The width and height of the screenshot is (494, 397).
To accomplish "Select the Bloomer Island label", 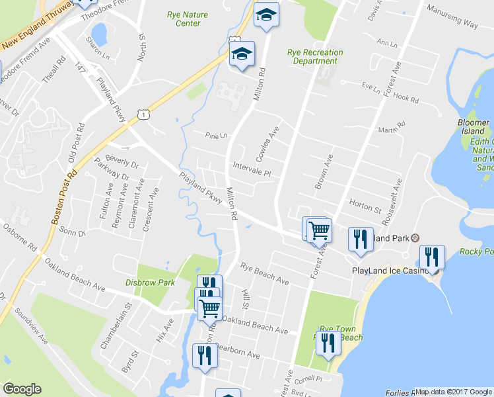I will (474, 127).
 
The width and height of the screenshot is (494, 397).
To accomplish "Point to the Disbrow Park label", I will (151, 283).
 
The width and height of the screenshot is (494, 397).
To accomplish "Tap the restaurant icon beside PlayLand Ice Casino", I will (433, 257).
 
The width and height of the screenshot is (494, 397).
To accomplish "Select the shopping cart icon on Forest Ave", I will (319, 230).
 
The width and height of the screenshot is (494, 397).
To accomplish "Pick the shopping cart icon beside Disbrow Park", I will (210, 308).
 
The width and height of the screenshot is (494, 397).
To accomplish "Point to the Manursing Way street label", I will (452, 17).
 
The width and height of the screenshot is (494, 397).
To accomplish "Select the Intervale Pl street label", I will (252, 167).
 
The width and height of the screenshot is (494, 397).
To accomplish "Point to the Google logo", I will (22, 389).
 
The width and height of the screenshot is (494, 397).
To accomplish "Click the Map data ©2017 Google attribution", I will (454, 392).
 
